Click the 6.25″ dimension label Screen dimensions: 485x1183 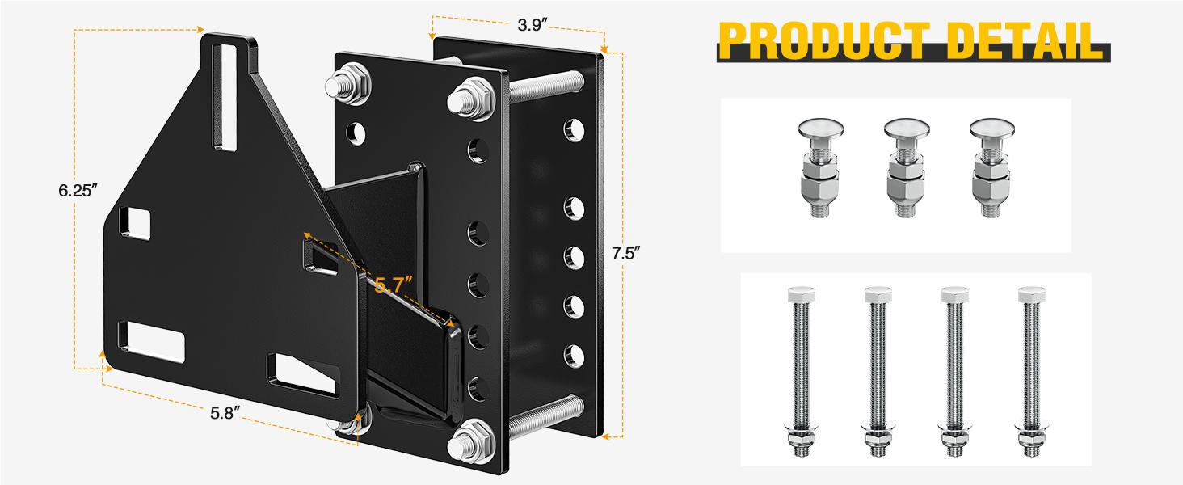[x=78, y=191]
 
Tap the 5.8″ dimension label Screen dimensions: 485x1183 [x=226, y=413]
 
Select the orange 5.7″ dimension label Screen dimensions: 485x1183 [x=394, y=285]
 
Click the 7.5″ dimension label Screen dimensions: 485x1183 [x=626, y=253]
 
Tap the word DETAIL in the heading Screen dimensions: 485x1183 [x=1034, y=41]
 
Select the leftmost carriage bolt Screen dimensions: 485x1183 [x=820, y=166]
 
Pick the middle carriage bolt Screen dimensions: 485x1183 [x=907, y=166]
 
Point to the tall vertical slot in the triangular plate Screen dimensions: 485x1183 [x=227, y=92]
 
